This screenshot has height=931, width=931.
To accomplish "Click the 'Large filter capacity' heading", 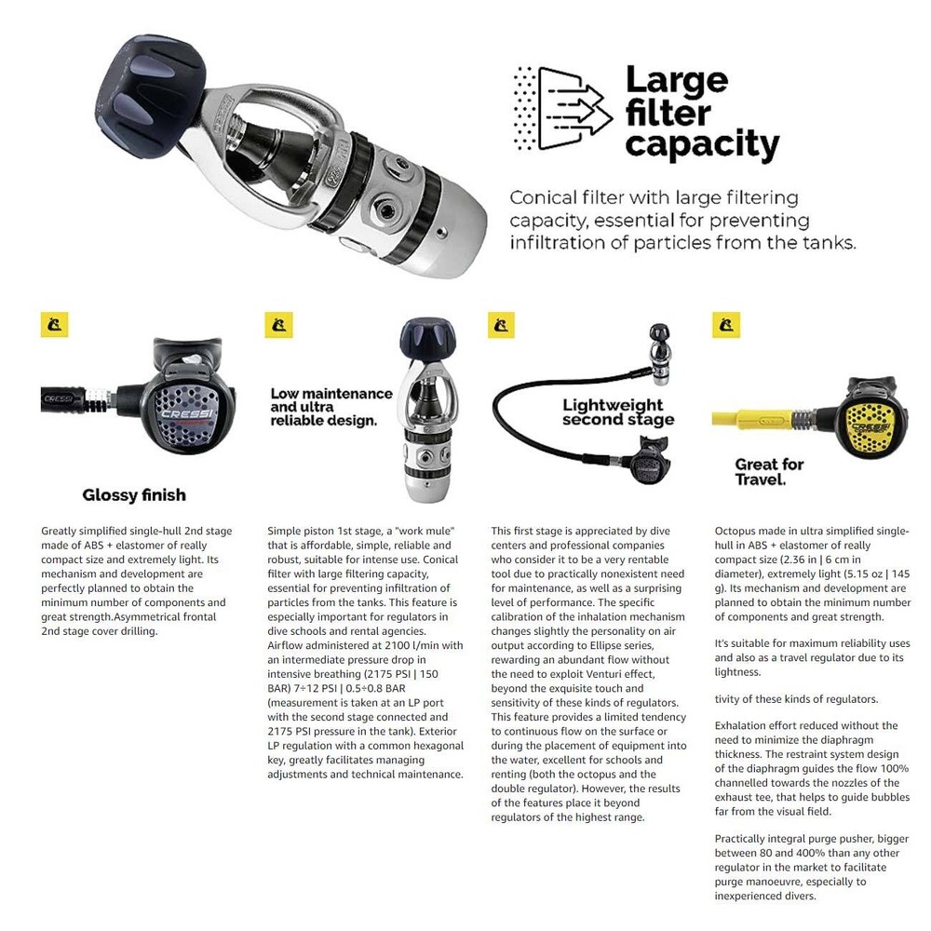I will tap(701, 113).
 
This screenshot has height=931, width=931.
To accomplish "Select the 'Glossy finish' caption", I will tap(134, 495).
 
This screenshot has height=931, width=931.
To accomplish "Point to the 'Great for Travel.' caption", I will tap(769, 472).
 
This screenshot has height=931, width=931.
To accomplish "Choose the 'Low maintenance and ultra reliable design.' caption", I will tap(331, 407).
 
